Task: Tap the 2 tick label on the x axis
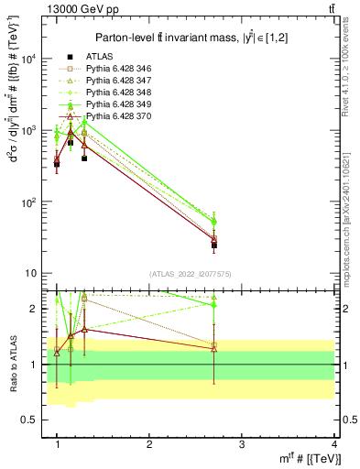(149, 444)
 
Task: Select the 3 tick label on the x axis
(242, 444)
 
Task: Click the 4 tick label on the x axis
(333, 444)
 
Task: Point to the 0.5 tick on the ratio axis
(32, 420)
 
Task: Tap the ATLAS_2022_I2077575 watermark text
(191, 273)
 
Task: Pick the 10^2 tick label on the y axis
(28, 202)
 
